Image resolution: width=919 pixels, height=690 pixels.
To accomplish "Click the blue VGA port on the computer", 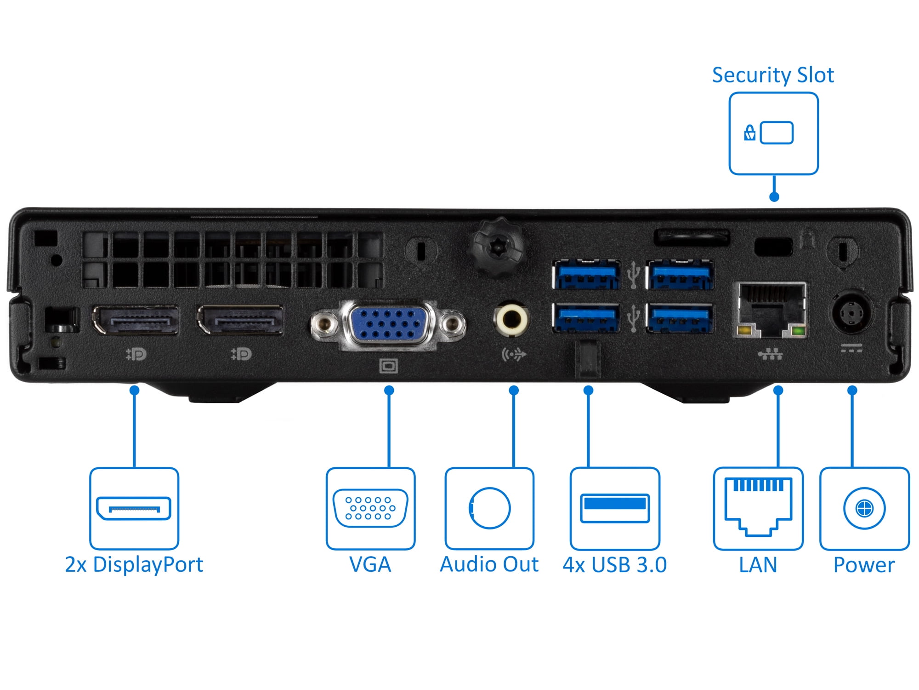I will tap(389, 324).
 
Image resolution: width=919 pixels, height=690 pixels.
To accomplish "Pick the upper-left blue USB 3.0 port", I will tap(586, 275).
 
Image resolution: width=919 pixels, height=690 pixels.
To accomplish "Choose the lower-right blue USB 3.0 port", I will tap(680, 317).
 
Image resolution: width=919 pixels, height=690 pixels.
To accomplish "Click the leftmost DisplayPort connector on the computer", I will tap(136, 320).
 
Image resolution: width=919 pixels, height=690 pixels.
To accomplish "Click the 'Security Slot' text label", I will tap(773, 75).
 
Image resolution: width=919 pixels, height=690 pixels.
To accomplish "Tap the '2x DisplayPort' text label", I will tap(134, 565).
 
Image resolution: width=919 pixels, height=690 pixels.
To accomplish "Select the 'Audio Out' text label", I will tap(489, 565).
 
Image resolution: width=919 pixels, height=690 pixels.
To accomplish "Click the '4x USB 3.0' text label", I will tap(615, 565).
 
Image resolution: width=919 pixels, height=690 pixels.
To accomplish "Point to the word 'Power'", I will tap(864, 565).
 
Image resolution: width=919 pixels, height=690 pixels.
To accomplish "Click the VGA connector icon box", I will tap(370, 508).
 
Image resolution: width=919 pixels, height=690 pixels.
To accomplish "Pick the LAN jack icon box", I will tap(758, 508).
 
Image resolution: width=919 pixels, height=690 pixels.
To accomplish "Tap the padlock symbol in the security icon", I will tap(749, 133).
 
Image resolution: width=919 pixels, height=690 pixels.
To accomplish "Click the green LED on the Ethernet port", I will tap(798, 331).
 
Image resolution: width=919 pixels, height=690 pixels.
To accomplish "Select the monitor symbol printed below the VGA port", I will tap(389, 366).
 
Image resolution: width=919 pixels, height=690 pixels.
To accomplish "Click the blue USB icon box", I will tap(615, 508).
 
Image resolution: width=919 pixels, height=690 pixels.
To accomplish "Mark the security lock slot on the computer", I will tap(773, 247).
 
